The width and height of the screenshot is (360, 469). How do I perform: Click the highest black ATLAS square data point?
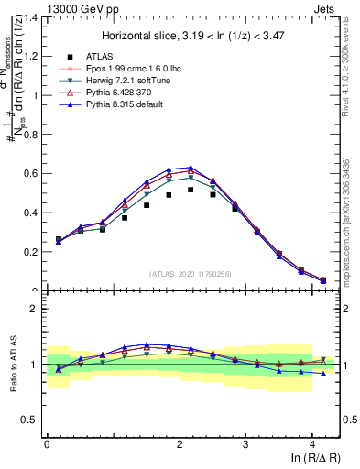(x=191, y=190)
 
